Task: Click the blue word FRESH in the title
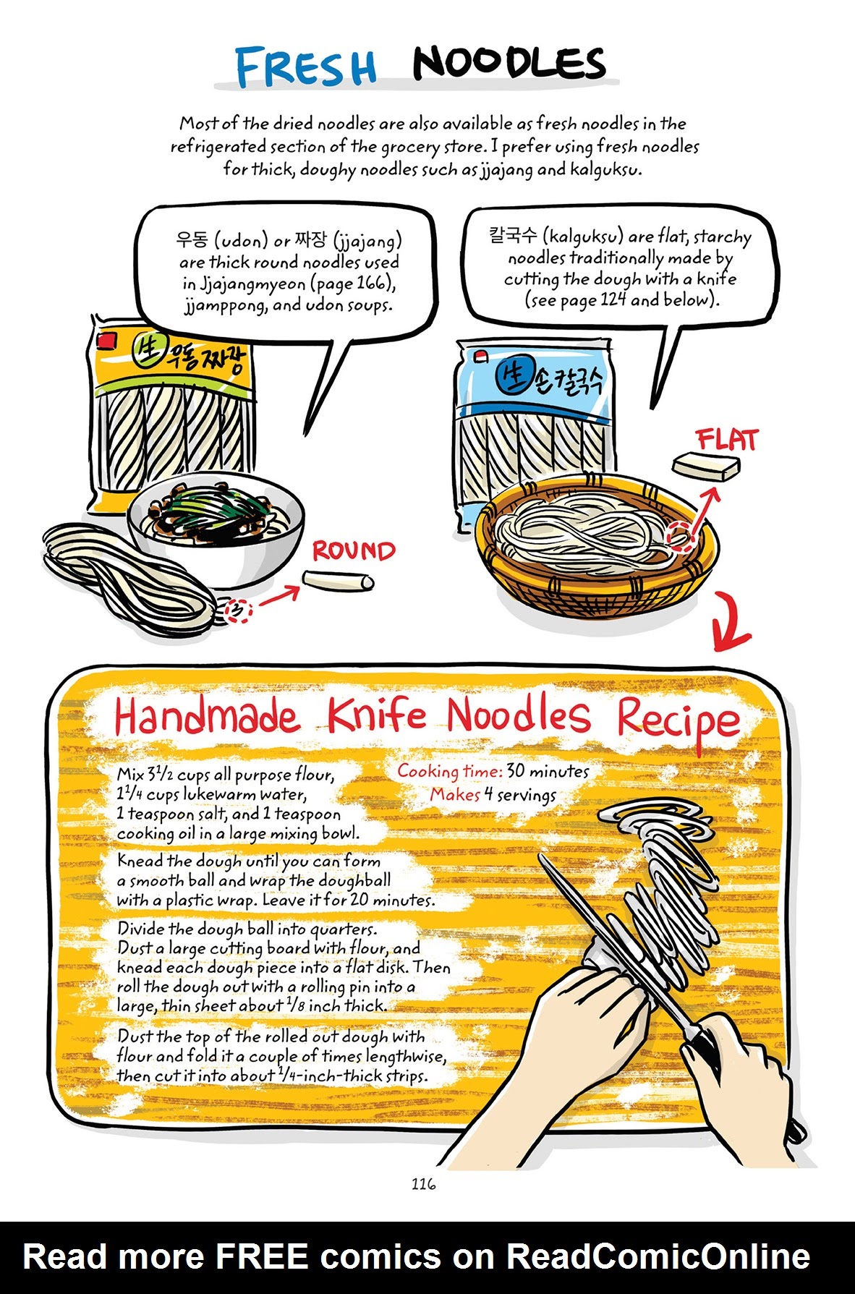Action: click(306, 67)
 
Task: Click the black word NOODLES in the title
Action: click(509, 64)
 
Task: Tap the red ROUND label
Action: click(354, 551)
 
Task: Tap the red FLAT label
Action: click(726, 440)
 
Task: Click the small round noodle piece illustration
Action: click(338, 580)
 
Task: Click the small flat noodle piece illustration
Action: click(706, 466)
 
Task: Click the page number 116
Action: click(424, 1183)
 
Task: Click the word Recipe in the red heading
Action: click(678, 719)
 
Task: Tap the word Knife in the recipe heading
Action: click(377, 715)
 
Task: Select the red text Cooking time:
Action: click(448, 771)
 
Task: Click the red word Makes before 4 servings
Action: click(455, 794)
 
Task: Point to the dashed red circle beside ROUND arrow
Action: click(238, 611)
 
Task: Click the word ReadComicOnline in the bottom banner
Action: click(658, 1256)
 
